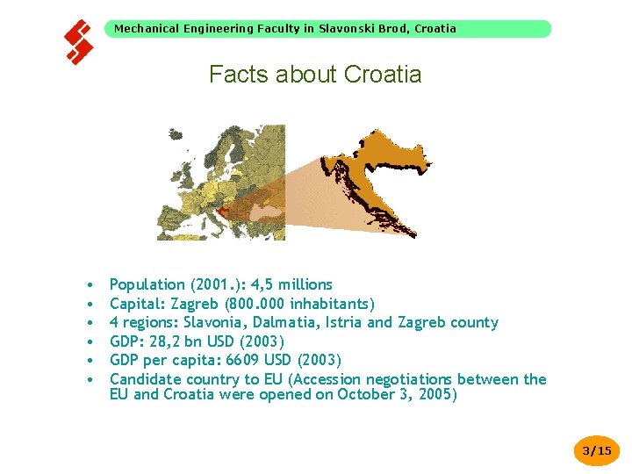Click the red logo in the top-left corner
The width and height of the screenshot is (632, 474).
tap(79, 42)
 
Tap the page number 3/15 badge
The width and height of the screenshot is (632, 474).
tap(597, 451)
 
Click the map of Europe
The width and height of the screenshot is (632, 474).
tap(219, 180)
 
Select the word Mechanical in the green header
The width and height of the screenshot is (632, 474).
tap(147, 29)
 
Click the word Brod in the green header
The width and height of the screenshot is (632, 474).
tap(391, 29)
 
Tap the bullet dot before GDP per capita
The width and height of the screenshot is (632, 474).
tap(90, 361)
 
